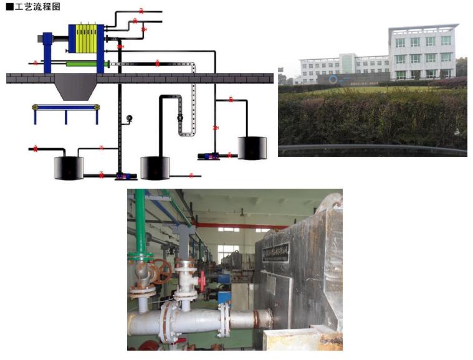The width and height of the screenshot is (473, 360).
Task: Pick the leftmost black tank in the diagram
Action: pyautogui.click(x=69, y=168)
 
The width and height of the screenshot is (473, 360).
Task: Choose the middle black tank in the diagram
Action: pyautogui.click(x=155, y=168)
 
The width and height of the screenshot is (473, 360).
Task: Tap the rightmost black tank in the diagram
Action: pyautogui.click(x=252, y=148)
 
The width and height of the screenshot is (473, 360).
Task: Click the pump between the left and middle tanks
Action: pyautogui.click(x=122, y=176)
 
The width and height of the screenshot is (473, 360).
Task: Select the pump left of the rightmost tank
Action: pyautogui.click(x=206, y=155)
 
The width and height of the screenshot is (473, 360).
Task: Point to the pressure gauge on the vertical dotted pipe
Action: pyautogui.click(x=130, y=118)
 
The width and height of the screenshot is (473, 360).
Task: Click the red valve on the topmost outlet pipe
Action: pyautogui.click(x=141, y=11)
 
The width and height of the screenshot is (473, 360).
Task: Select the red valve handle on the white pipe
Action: pyautogui.click(x=202, y=281)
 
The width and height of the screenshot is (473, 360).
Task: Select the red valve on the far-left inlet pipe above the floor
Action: pyautogui.click(x=36, y=63)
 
